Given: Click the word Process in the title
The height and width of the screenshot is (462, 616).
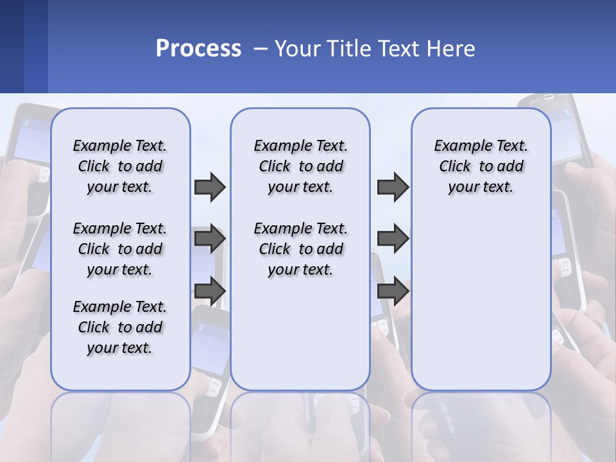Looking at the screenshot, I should click(198, 48).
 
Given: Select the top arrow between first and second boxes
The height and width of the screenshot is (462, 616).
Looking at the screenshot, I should click(210, 187).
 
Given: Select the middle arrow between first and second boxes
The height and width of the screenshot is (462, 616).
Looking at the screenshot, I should click(210, 239).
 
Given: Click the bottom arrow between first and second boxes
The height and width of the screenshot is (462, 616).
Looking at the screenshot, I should click(210, 291).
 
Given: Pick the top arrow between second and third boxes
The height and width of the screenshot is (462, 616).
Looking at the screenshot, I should click(393, 187).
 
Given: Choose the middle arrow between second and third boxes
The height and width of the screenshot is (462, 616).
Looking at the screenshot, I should click(393, 239).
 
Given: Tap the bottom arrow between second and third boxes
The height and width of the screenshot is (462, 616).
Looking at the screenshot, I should click(393, 291).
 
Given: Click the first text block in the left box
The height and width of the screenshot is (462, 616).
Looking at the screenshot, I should click(120, 166).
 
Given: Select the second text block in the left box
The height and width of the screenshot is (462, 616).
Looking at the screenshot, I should click(120, 249).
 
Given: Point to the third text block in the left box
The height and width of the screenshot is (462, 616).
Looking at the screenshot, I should click(120, 327).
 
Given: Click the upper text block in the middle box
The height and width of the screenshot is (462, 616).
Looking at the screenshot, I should click(300, 166).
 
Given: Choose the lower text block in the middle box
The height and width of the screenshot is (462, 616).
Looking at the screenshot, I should click(300, 249).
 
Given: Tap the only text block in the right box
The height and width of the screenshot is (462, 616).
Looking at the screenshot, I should click(481, 166).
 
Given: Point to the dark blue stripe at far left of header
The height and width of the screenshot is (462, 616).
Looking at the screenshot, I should click(12, 46).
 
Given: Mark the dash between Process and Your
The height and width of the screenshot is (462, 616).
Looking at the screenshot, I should click(261, 49).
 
